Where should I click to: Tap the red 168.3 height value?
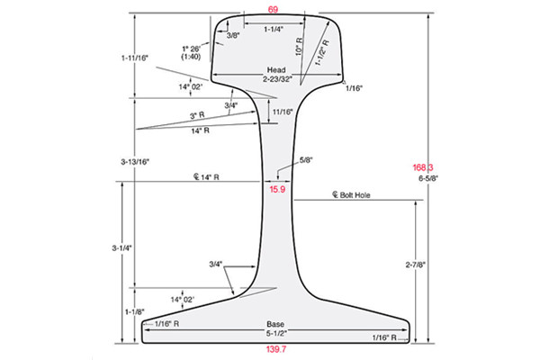[x=424, y=167]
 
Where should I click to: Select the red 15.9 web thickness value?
[x=276, y=189]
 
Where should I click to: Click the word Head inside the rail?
[x=275, y=69]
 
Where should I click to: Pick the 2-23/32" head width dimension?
[x=276, y=80]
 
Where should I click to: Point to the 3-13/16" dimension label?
[x=134, y=161]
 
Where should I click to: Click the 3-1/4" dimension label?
[x=133, y=247]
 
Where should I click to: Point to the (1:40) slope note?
[x=190, y=57]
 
